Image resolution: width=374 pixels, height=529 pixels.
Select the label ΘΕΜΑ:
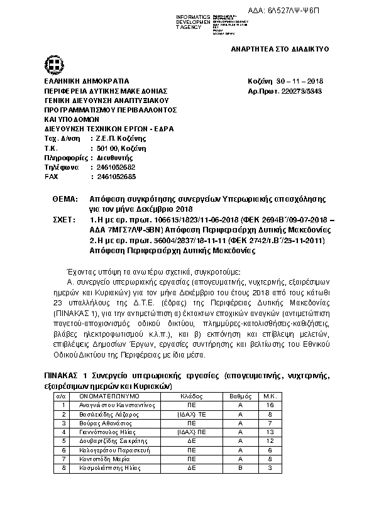[x=64, y=199]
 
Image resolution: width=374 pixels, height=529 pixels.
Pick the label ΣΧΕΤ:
[x=64, y=220]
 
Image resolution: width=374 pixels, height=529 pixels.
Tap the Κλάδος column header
[x=190, y=397]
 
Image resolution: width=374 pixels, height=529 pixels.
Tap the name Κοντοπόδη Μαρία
[x=100, y=459]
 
